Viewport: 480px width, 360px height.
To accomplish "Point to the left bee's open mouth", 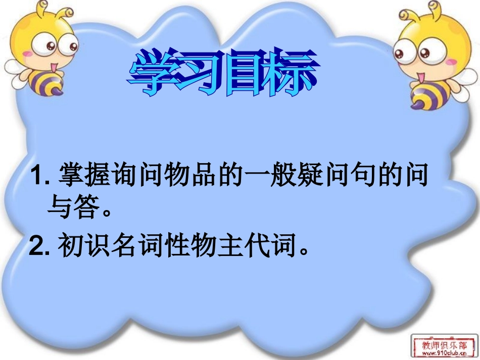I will [x=53, y=65].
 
